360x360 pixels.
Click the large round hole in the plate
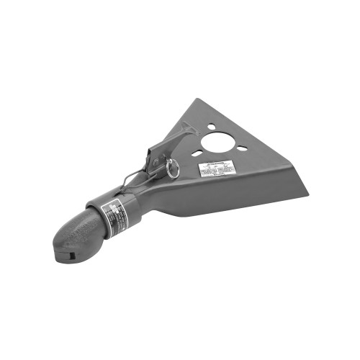(218, 140)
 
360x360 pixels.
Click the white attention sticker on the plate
(217, 170)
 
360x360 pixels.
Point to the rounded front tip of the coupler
(58, 248)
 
